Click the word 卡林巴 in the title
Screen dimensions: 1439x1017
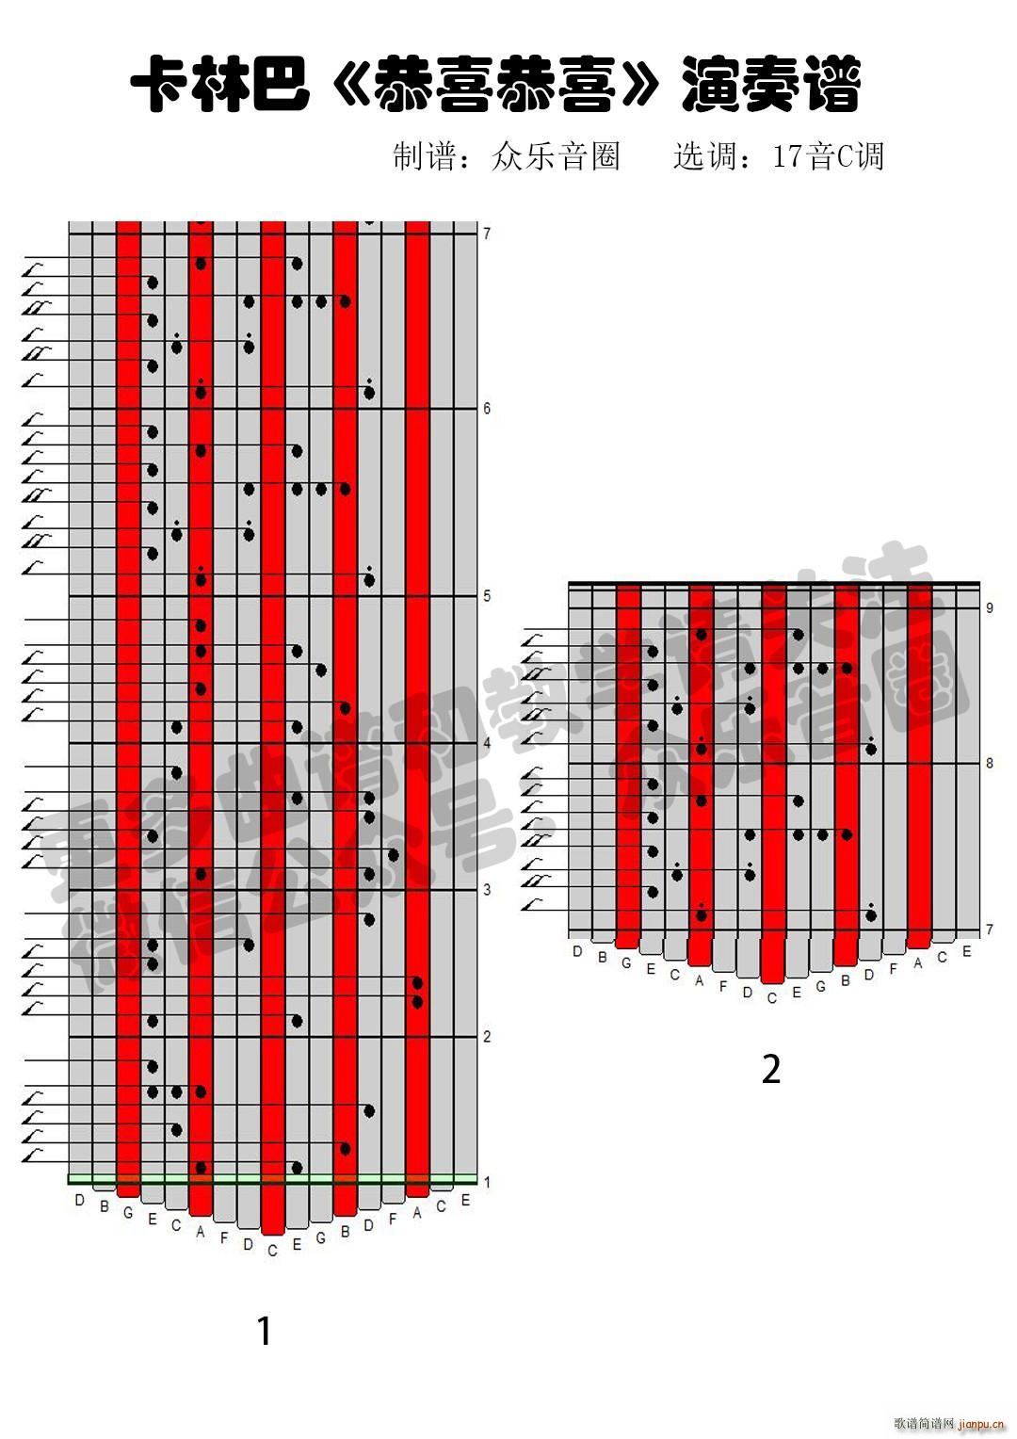tap(220, 86)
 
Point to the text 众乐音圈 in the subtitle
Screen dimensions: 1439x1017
tap(556, 156)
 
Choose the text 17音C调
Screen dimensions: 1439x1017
tap(828, 156)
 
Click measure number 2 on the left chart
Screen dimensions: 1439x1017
tap(487, 1037)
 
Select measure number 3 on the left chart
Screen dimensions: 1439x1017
tap(487, 890)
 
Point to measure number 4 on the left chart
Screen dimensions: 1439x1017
tap(487, 743)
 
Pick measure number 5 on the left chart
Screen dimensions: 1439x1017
tap(487, 596)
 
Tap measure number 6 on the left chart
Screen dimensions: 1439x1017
tap(487, 409)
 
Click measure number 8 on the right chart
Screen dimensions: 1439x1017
tap(990, 763)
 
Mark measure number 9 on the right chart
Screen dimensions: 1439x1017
tap(990, 608)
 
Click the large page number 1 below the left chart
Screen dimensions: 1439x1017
tap(265, 1331)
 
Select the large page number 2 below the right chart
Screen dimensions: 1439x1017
tap(771, 1069)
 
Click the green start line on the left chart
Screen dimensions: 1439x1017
tap(273, 1178)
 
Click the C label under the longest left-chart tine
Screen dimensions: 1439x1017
tap(273, 1252)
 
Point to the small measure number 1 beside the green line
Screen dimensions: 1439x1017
tap(487, 1182)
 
